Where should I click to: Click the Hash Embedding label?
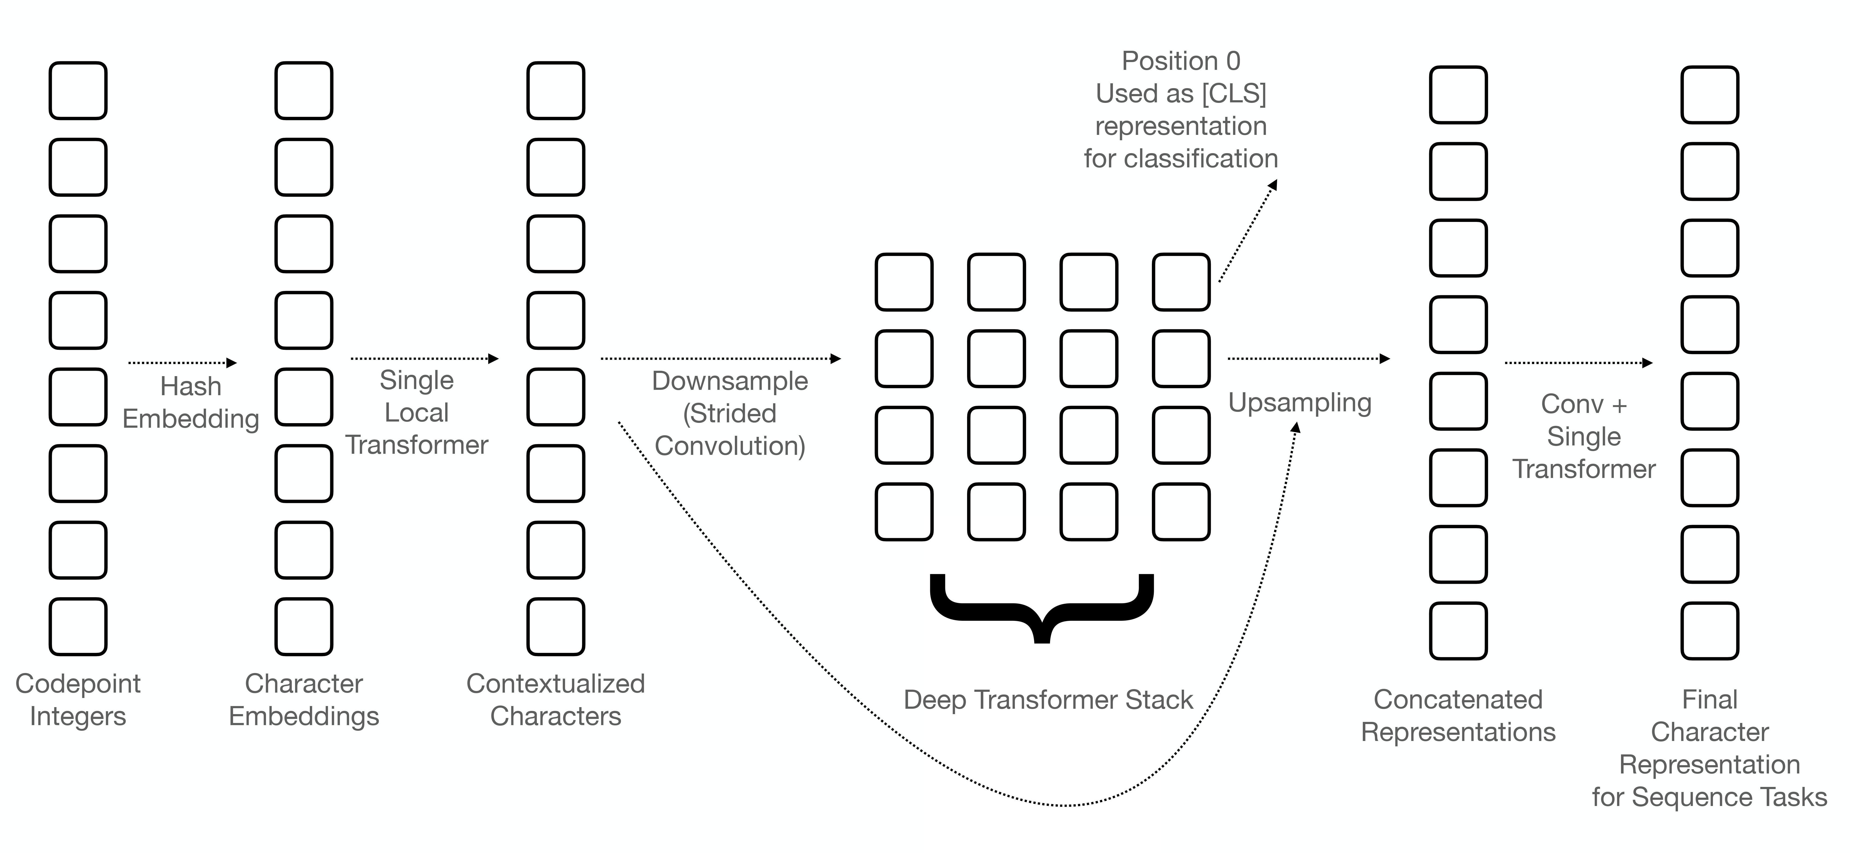pos(190,403)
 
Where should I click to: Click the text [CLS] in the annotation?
pos(1234,93)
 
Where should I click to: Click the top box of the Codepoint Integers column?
pos(78,91)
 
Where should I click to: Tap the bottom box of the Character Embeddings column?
pos(304,626)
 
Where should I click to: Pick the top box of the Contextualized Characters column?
pos(555,91)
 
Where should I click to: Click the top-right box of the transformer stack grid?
pos(1181,282)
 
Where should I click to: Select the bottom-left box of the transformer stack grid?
pos(903,511)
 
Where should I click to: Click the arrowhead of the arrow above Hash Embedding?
pos(231,363)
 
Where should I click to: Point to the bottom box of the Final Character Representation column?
pos(1709,631)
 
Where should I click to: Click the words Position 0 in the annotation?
pos(1181,61)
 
